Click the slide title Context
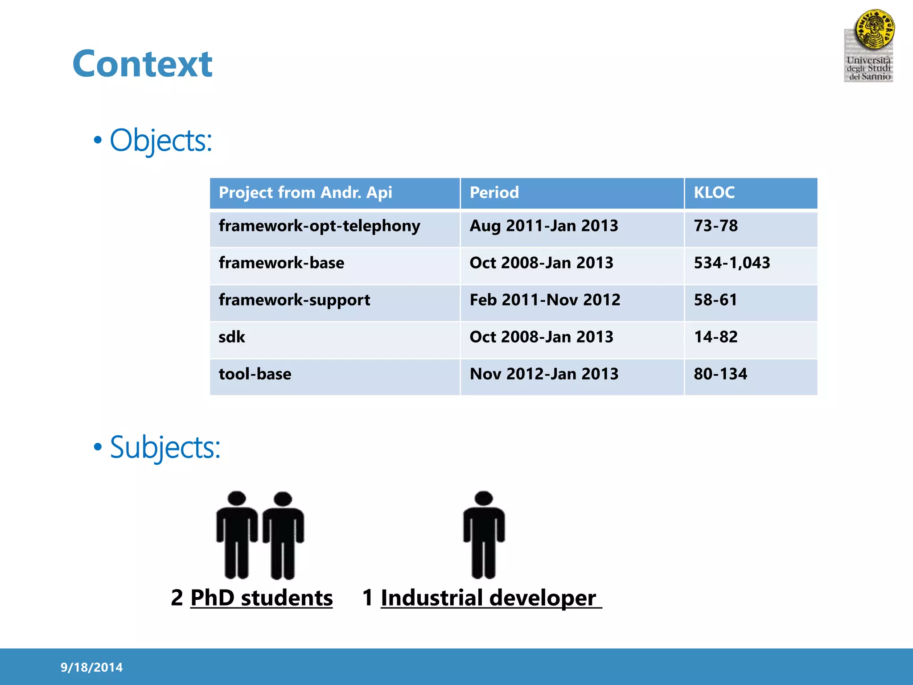pos(142,64)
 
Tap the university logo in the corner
pos(869,46)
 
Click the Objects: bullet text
pos(160,140)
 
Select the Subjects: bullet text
pos(165,447)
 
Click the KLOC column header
pos(714,193)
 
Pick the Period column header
pos(494,193)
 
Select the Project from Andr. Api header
pos(305,193)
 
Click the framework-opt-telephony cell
pos(319,226)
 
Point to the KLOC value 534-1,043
pos(732,263)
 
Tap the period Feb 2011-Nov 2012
pos(545,300)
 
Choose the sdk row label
pos(232,337)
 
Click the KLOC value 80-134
pos(720,374)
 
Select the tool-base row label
pos(255,374)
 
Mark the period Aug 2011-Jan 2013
pos(544,226)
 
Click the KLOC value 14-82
pos(716,337)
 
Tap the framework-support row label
pos(294,300)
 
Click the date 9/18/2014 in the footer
pos(91,667)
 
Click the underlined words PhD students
pos(261,598)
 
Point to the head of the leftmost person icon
pos(237,499)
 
